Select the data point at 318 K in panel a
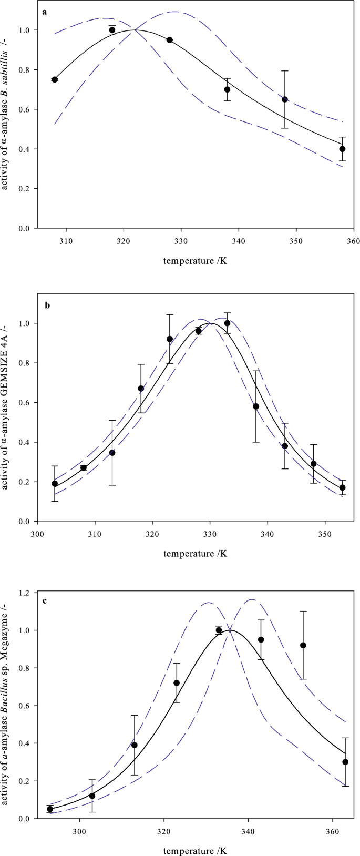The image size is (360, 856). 112,30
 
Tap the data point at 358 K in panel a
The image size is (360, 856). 342,149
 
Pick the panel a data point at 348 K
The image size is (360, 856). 285,99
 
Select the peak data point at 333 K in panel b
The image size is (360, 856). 227,323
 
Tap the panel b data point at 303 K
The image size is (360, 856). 55,484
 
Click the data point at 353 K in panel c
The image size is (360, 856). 303,645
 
